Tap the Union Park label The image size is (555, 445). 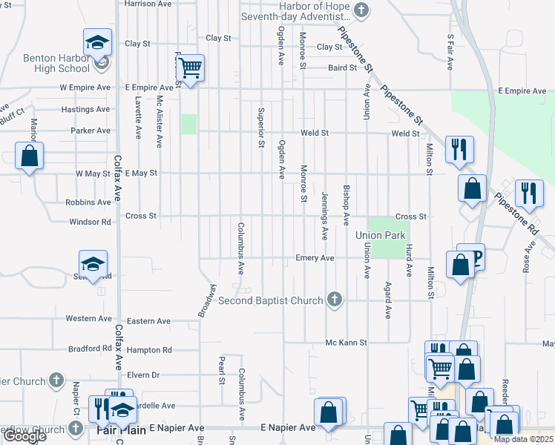pyautogui.click(x=380, y=235)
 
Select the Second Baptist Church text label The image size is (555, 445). pyautogui.click(x=270, y=300)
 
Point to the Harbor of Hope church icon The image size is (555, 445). pyautogui.click(x=361, y=10)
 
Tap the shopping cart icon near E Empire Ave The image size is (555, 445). pyautogui.click(x=191, y=68)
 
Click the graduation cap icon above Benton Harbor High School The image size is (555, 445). pyautogui.click(x=97, y=43)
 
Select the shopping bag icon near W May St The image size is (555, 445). pyautogui.click(x=29, y=156)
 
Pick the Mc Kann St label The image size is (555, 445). pyautogui.click(x=347, y=343)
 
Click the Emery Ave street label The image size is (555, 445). pyautogui.click(x=315, y=258)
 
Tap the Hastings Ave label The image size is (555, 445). pyautogui.click(x=85, y=109)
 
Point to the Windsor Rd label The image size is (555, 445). pyautogui.click(x=90, y=222)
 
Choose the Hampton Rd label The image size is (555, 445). pyautogui.click(x=149, y=349)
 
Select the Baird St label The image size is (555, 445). pyautogui.click(x=343, y=68)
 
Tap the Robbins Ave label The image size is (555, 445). pyautogui.click(x=88, y=202)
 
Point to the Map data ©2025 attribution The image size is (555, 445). pyautogui.click(x=523, y=439)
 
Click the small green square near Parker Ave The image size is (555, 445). pyautogui.click(x=189, y=124)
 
